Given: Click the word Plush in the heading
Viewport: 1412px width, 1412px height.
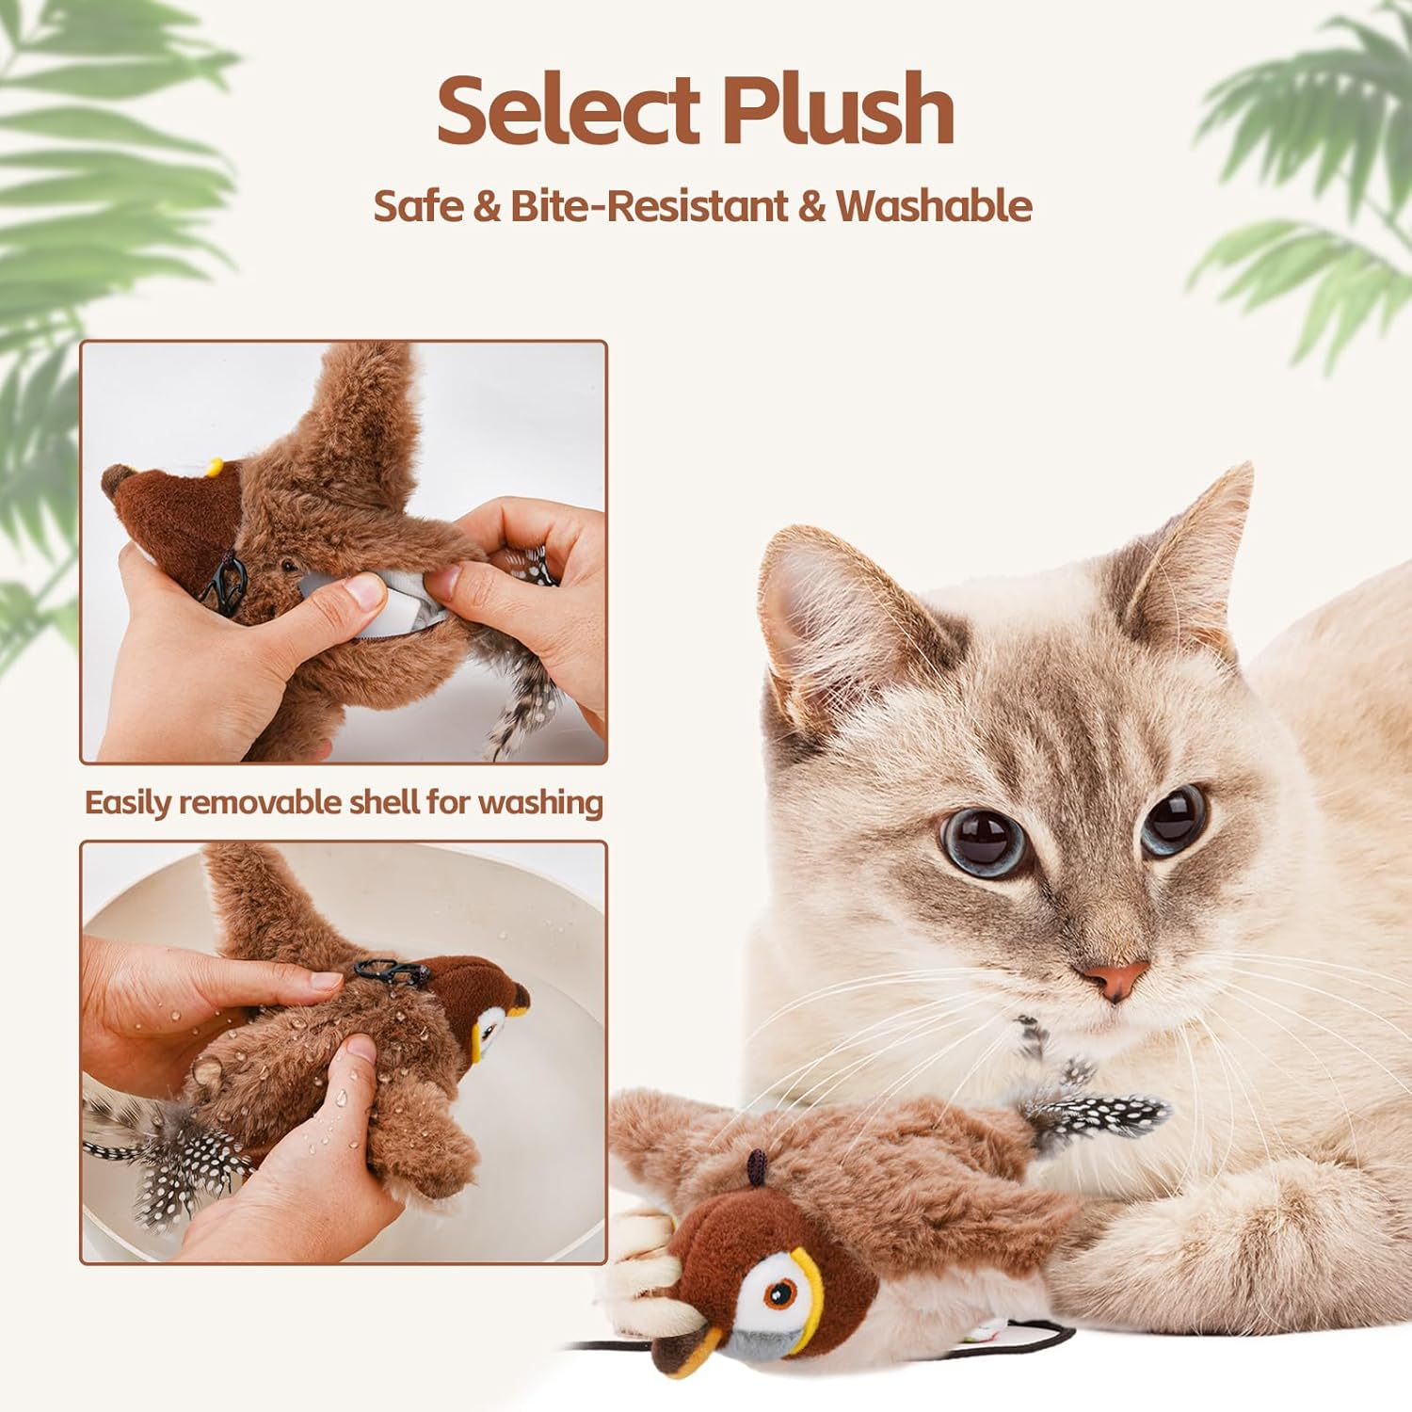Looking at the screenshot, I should (x=838, y=110).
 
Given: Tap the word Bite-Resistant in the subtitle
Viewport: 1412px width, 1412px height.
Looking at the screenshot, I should (x=649, y=206).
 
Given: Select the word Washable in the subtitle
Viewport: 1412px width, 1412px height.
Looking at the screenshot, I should (x=933, y=206).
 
